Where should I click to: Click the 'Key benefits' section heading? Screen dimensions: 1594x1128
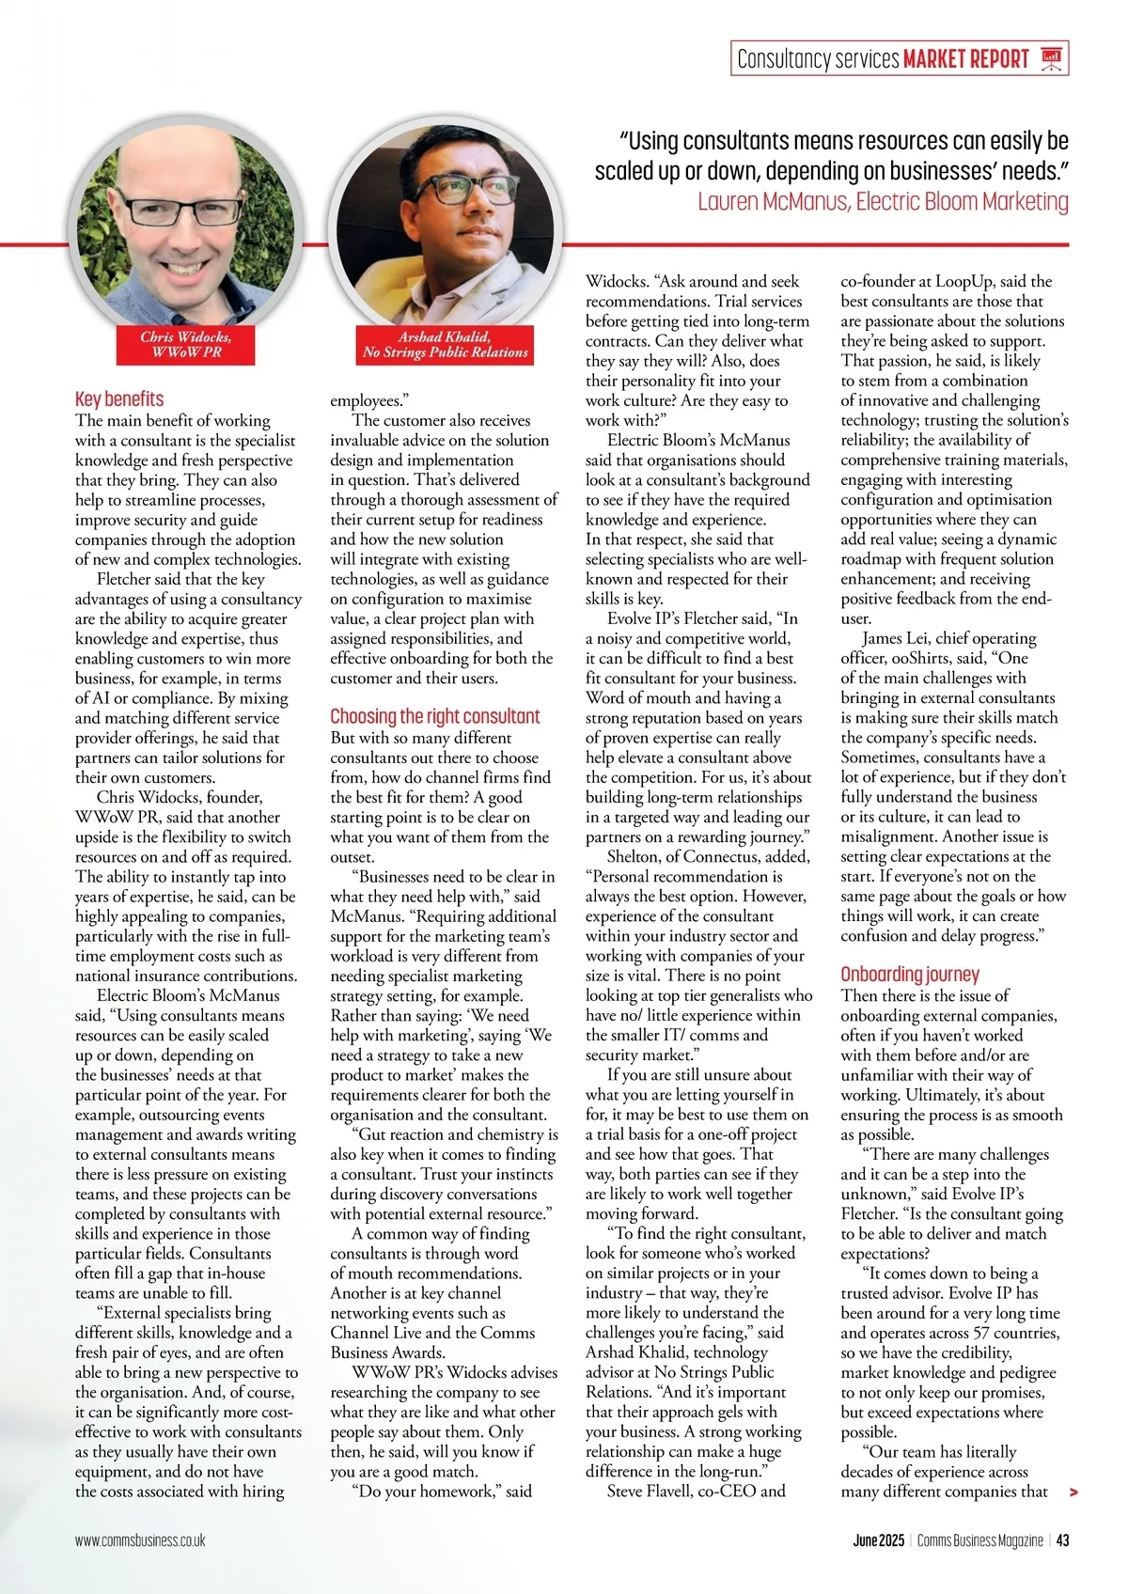click(x=119, y=398)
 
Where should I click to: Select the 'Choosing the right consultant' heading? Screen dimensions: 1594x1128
click(x=435, y=716)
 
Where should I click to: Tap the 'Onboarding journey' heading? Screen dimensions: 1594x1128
click(x=910, y=974)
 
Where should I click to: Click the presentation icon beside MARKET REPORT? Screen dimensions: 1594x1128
click(x=1052, y=59)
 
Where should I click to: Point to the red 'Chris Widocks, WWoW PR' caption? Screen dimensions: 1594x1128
click(x=186, y=344)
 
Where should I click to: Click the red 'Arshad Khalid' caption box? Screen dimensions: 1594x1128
click(x=445, y=344)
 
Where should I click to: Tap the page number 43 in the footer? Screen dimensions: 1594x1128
click(x=1062, y=1540)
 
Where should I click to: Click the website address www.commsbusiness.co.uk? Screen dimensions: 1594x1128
click(x=140, y=1540)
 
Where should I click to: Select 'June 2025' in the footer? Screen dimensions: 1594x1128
click(x=878, y=1540)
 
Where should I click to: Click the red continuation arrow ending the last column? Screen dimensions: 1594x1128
click(x=1073, y=1492)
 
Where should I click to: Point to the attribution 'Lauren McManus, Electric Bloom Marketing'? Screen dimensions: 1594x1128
click(x=883, y=201)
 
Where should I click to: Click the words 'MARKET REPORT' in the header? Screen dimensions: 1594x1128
click(x=966, y=59)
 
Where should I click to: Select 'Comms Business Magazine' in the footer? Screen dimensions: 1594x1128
click(x=979, y=1540)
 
